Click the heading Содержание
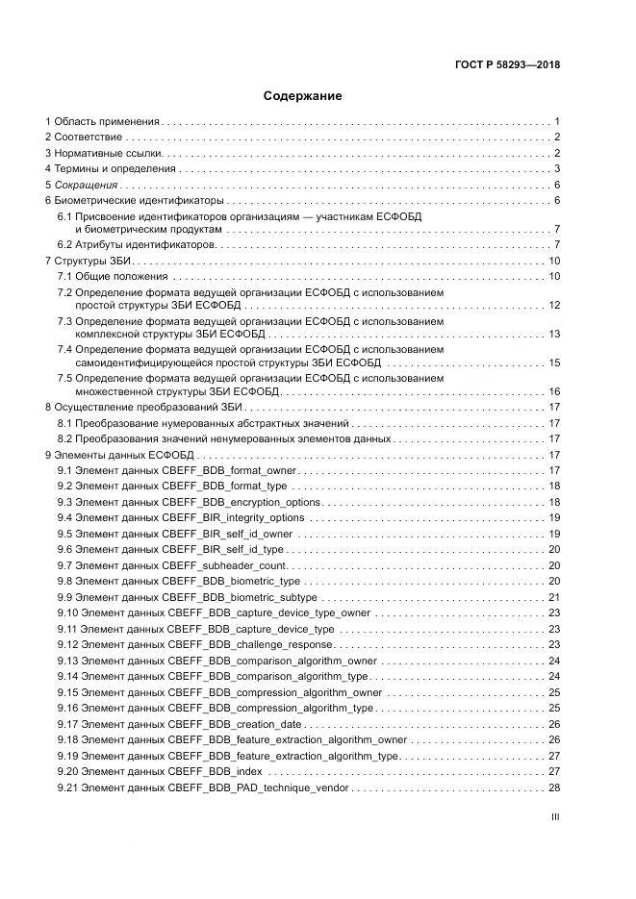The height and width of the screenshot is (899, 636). click(302, 96)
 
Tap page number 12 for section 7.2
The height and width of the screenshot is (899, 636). click(554, 305)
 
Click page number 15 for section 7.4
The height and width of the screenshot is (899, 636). click(554, 362)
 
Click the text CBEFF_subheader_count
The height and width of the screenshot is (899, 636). click(225, 564)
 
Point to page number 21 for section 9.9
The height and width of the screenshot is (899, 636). click(554, 596)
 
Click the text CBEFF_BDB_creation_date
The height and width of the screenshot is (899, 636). click(235, 723)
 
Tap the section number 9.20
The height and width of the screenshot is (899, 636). click(66, 771)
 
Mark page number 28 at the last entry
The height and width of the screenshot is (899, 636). click(554, 787)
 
